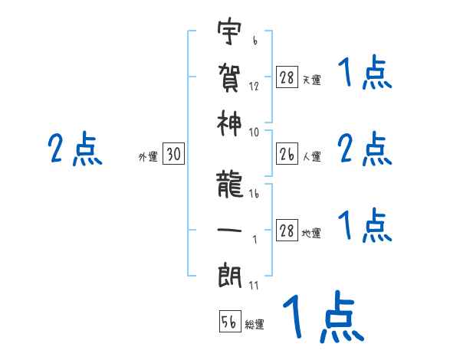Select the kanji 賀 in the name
tap(230, 78)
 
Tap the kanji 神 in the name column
tap(230, 123)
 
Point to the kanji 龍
tap(230, 184)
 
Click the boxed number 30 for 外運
tap(174, 155)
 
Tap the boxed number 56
tap(230, 322)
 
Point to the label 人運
tap(311, 157)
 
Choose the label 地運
tap(311, 233)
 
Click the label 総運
tap(255, 325)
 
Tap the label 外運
tap(148, 157)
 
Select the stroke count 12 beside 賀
tap(254, 87)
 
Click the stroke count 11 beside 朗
tap(254, 286)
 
